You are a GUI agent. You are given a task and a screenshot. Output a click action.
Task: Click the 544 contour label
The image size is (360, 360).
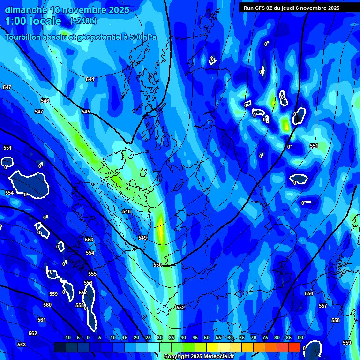coord(90,79)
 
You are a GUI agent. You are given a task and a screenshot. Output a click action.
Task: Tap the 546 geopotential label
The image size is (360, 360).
coord(45,101)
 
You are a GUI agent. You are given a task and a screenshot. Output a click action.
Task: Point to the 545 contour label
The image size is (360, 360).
coord(86,112)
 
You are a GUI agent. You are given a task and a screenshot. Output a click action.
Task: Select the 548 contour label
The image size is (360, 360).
coord(127,211)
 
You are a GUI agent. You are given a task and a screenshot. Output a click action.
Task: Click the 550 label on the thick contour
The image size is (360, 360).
coord(157,265)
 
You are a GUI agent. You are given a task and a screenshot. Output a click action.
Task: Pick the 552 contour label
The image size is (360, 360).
coord(180,307)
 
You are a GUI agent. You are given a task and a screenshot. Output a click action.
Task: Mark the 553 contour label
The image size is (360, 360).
coord(89,240)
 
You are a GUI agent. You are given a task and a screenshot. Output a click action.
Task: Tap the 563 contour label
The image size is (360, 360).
coord(22,345)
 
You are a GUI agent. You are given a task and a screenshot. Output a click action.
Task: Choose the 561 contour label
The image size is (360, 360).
coord(42,320)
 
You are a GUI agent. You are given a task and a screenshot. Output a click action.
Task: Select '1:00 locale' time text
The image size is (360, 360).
coord(33,21)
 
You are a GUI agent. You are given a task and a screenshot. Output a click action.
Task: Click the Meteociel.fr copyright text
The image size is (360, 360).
coord(199,357)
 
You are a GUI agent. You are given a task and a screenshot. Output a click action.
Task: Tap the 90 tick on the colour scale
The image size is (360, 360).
coord(300,337)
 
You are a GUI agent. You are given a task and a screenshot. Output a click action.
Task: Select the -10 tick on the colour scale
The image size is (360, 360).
coord(67,337)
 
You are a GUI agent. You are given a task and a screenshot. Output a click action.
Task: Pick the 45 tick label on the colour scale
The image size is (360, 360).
coord(195,337)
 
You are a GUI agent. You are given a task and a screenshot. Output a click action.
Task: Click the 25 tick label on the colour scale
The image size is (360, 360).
coord(148,337)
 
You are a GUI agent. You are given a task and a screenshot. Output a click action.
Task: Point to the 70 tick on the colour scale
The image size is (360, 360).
coord(253,337)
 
